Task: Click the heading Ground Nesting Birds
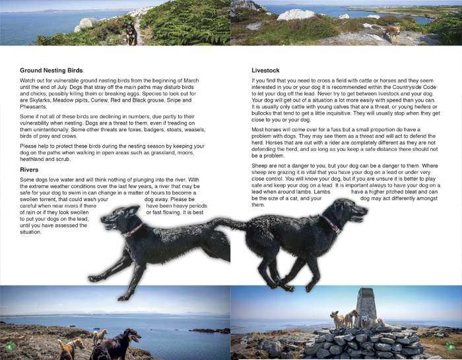point(51,70)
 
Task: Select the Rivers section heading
point(30,169)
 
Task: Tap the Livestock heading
point(266,70)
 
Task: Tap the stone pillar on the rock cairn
point(366,305)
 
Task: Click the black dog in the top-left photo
point(133,33)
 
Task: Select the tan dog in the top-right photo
point(393,33)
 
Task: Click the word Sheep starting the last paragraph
point(260,165)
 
